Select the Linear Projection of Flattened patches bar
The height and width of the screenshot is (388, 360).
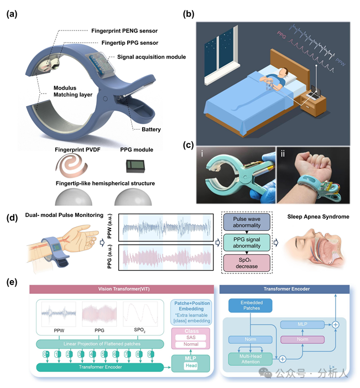click(x=100, y=344)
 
